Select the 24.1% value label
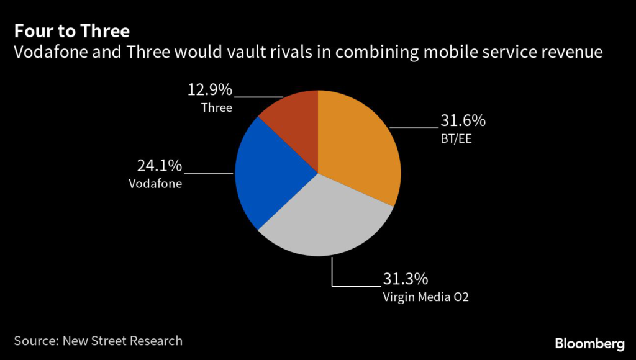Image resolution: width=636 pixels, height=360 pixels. tap(158, 166)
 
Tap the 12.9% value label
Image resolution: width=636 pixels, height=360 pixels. tap(209, 91)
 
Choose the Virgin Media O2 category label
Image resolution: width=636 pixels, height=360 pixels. tap(425, 297)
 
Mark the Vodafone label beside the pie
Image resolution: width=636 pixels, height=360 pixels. tap(155, 184)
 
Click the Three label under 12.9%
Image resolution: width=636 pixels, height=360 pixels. tap(216, 108)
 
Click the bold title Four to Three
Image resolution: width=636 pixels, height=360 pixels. tap(73, 31)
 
